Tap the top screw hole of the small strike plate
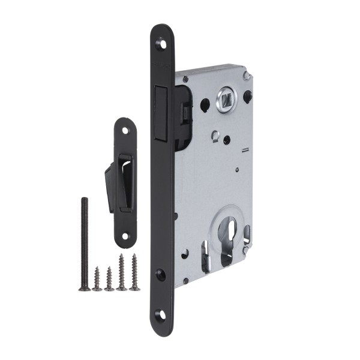click(x=125, y=130)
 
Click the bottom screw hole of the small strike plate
click(x=125, y=236)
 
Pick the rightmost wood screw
click(x=134, y=273)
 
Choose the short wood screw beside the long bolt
click(x=97, y=280)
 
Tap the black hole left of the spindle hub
click(x=205, y=103)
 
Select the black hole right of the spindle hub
click(x=248, y=94)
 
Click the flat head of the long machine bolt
click(x=85, y=288)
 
